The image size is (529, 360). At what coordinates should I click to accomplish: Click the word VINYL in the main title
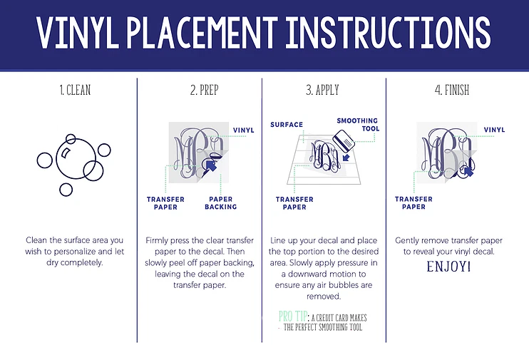click(78, 32)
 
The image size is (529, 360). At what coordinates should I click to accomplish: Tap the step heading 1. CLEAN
click(76, 90)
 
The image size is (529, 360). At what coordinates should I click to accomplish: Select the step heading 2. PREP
click(205, 90)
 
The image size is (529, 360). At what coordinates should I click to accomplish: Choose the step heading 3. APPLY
click(322, 90)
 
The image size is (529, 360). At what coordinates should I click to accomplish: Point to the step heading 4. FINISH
click(452, 90)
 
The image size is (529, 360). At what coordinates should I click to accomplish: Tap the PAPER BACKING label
click(220, 203)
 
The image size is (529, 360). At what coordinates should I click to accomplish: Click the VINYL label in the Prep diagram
click(244, 130)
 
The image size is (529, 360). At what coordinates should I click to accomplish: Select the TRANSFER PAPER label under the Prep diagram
click(165, 203)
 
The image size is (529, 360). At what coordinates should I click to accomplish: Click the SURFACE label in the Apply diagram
click(287, 125)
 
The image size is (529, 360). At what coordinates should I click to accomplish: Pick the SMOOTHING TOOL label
click(358, 125)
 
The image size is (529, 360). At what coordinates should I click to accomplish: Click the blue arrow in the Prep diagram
click(210, 165)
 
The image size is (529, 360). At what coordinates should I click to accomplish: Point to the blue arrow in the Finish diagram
click(468, 171)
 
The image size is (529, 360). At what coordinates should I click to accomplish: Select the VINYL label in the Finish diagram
click(494, 130)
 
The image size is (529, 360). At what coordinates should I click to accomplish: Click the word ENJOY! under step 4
click(448, 267)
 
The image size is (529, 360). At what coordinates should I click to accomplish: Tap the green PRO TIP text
click(292, 317)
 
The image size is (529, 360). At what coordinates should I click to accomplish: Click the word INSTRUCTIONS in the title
click(389, 32)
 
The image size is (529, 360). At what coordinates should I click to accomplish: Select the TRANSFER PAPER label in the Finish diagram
click(414, 202)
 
